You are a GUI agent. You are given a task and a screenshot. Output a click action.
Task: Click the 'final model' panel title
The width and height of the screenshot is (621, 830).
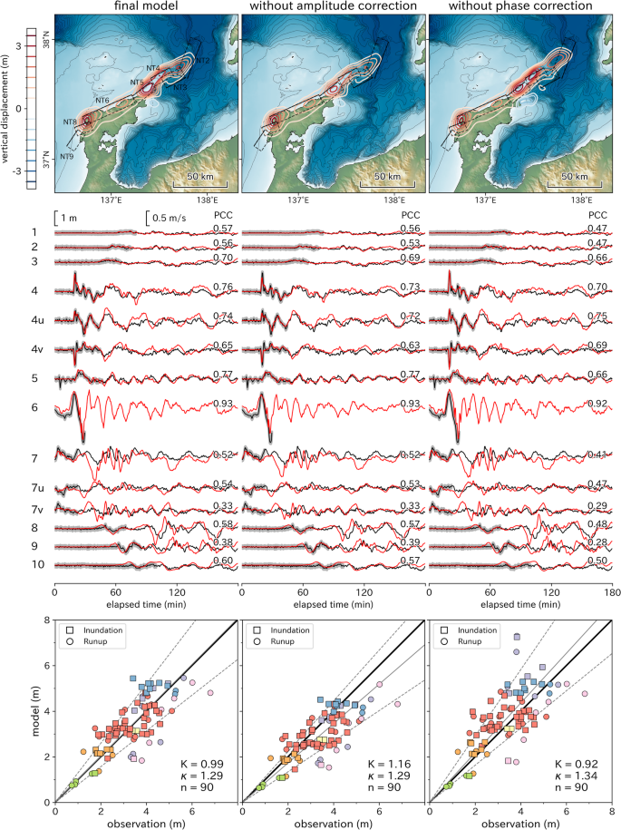(145, 8)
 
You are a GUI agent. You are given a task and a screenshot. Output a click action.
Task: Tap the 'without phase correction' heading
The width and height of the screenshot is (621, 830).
(518, 8)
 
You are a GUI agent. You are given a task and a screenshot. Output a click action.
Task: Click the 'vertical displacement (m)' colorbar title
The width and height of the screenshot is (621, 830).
(7, 108)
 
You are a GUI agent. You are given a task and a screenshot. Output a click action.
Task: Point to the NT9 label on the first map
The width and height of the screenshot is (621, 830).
(66, 157)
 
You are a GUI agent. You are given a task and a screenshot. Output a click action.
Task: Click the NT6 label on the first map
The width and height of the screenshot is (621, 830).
(102, 100)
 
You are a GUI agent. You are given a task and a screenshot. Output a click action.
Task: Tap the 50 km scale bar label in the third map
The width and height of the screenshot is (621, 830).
(577, 175)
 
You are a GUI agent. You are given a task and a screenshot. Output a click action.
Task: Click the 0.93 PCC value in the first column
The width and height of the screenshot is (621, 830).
(223, 403)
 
